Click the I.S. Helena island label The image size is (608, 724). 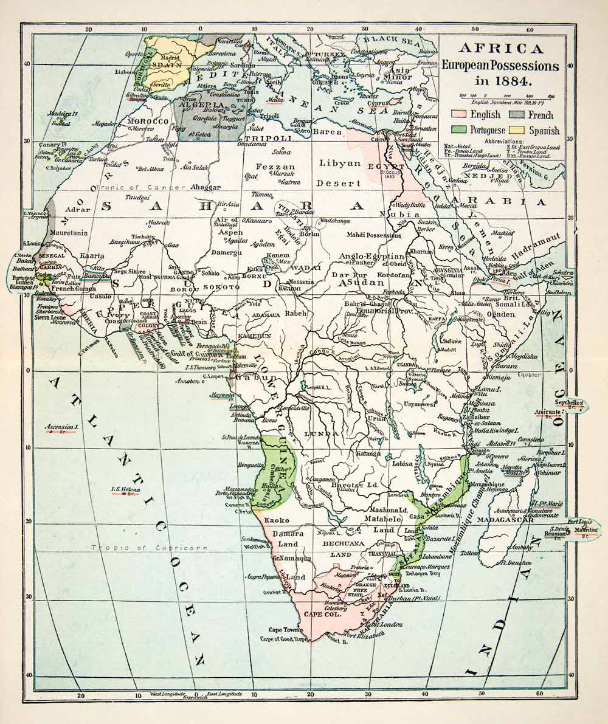pyautogui.click(x=126, y=489)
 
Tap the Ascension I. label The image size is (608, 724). pyautogui.click(x=62, y=427)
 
